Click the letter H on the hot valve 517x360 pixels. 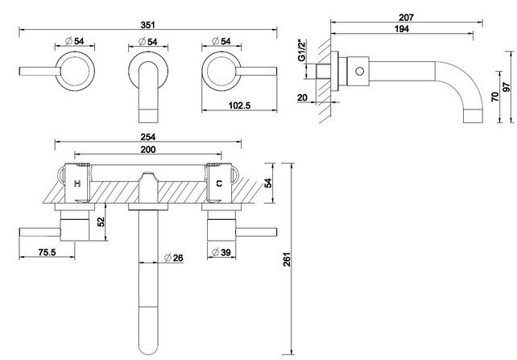click(x=77, y=184)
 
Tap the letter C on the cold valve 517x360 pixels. click(x=217, y=184)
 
